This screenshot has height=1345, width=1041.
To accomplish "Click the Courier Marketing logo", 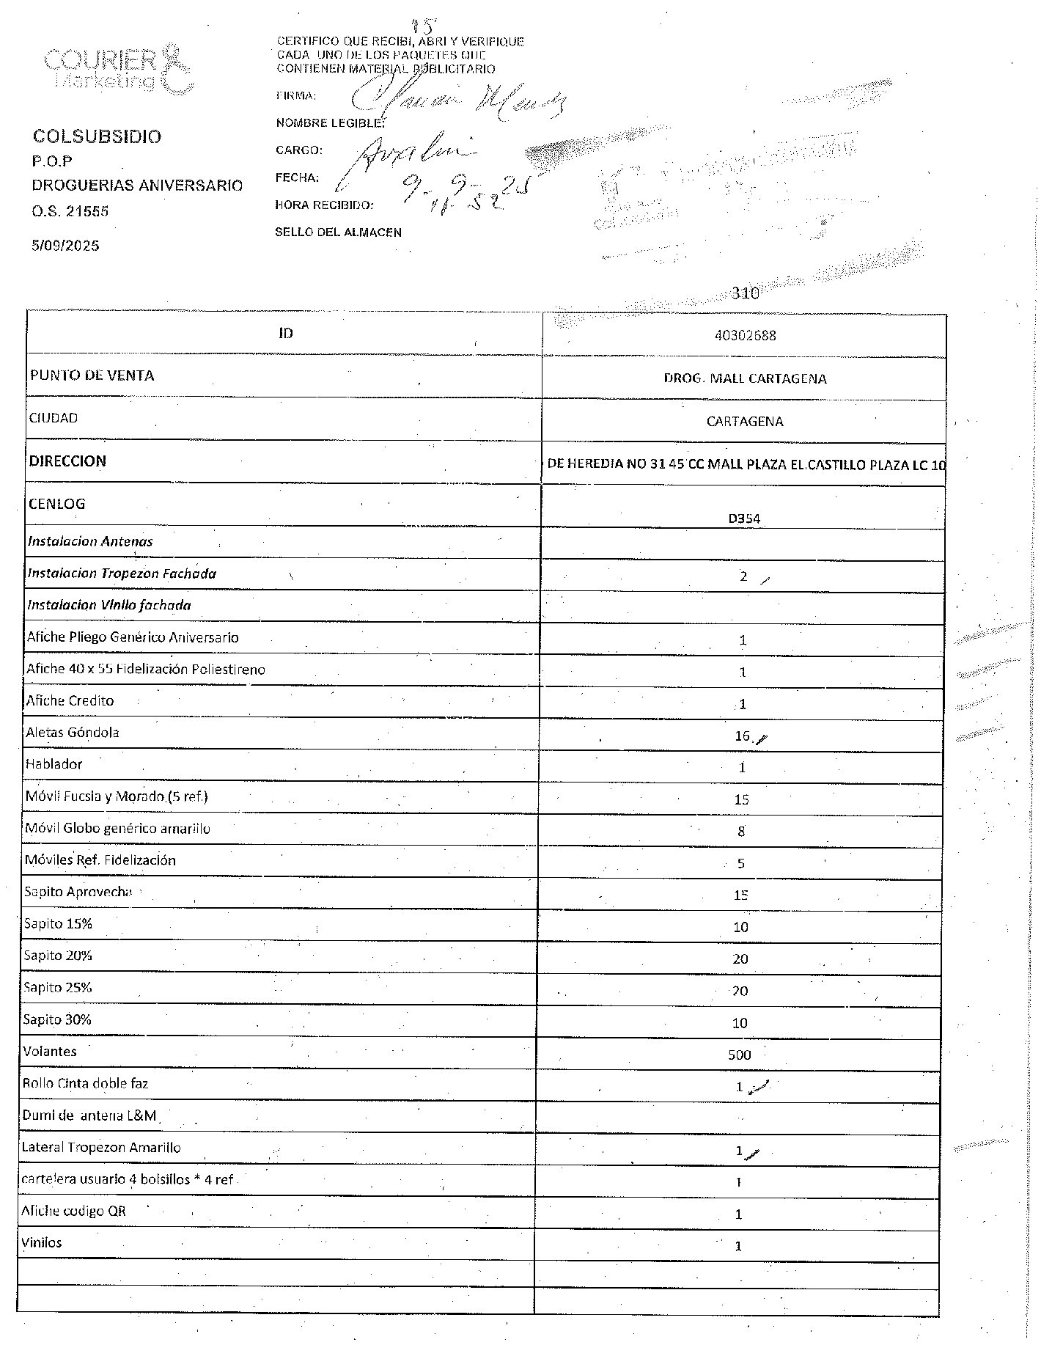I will tap(118, 70).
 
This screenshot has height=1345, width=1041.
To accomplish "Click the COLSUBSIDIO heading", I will tap(97, 137).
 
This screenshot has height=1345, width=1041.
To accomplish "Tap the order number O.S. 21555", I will tap(70, 211).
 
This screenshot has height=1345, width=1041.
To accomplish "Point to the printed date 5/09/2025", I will tap(65, 246).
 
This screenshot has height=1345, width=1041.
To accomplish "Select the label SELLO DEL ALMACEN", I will tap(338, 232).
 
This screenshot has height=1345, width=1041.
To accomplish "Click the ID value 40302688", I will tap(745, 336).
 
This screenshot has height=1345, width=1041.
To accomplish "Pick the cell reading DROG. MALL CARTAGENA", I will tap(745, 378).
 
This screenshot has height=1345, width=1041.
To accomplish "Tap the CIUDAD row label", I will tap(54, 418).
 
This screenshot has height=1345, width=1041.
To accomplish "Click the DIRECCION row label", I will tap(67, 461).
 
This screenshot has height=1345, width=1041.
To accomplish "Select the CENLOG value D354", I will tap(744, 518).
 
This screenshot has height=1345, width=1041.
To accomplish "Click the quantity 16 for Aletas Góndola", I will tap(742, 736).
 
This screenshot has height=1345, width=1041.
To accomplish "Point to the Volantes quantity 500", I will tap(740, 1055).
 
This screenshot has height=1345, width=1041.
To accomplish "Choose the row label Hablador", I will tap(54, 764).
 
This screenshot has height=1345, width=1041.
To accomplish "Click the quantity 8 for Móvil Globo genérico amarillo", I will tap(741, 832).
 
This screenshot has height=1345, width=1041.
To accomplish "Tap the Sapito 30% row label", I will tap(57, 1019).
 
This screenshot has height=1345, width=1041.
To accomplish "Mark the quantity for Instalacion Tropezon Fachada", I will tap(743, 576).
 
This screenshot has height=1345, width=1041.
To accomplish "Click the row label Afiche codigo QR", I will tap(73, 1211).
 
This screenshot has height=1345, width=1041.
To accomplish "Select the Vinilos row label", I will tap(42, 1243).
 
